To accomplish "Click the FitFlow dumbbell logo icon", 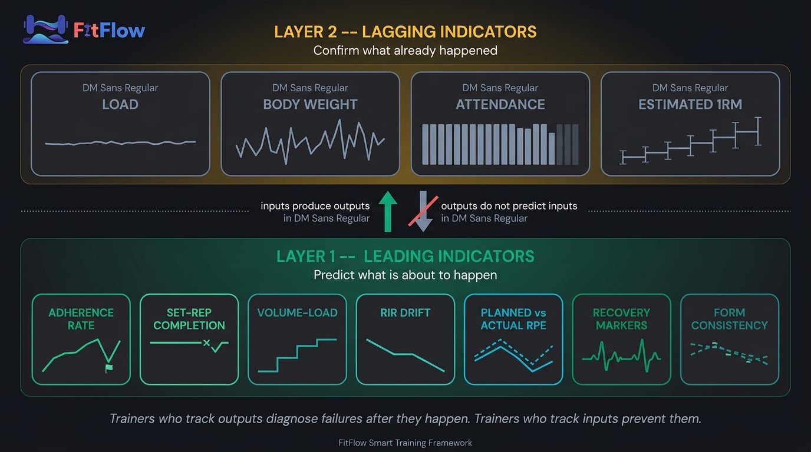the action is click(45, 29).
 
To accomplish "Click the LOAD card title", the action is click(120, 105).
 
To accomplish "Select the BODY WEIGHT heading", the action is click(310, 105).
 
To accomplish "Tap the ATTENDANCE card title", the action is click(500, 105).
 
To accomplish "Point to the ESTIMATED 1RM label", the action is click(690, 105).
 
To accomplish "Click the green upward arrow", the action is click(388, 211).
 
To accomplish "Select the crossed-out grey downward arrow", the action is click(423, 211).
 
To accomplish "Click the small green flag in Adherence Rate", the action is click(108, 368).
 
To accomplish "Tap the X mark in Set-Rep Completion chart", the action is click(206, 343).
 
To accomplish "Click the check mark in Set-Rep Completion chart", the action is click(217, 347).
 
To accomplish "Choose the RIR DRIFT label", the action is click(405, 313).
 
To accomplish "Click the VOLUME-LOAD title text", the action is click(297, 313).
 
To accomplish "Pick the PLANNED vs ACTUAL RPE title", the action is click(513, 319).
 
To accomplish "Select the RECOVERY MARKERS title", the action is click(621, 319).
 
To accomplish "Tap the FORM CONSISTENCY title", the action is click(729, 319).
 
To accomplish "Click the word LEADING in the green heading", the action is click(398, 257).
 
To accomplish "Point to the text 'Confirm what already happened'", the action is click(405, 51).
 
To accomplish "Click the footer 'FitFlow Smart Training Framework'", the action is click(405, 443).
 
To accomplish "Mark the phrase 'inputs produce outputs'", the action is click(315, 206).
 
